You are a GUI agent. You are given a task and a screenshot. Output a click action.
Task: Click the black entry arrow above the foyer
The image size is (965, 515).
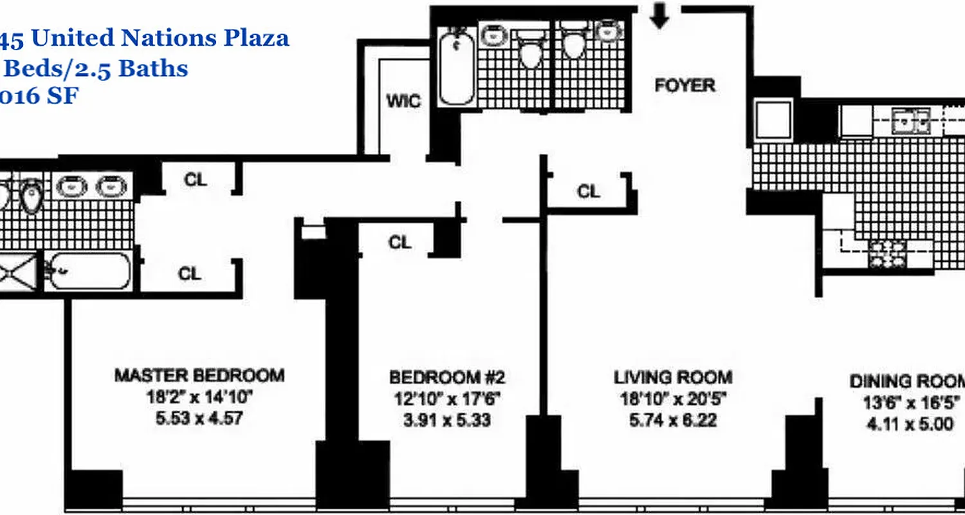tap(659, 16)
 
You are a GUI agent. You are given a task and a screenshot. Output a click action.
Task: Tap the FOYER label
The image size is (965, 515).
tap(685, 85)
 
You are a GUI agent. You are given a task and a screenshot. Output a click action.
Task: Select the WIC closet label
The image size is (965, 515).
tap(403, 101)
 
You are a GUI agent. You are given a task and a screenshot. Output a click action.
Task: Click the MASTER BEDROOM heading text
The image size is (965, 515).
tap(199, 375)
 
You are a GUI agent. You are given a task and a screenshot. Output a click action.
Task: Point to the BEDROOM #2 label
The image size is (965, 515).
tap(451, 377)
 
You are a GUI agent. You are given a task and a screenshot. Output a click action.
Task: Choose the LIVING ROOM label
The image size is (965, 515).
tap(672, 377)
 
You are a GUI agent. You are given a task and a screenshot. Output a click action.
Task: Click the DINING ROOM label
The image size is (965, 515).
tap(907, 380)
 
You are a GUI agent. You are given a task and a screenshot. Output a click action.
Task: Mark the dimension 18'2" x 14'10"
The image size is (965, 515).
tap(199, 397)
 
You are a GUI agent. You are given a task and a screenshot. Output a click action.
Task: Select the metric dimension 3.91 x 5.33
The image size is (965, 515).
tap(448, 420)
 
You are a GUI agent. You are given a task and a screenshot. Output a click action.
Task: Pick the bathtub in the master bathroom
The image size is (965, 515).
tap(90, 271)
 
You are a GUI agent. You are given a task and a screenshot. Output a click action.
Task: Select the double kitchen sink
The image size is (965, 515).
tap(910, 121)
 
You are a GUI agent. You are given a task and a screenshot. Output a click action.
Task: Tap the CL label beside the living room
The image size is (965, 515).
tap(588, 191)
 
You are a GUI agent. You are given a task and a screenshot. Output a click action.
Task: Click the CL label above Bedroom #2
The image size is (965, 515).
tap(400, 242)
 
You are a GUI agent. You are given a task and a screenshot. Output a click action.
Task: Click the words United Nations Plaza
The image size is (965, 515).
tap(160, 39)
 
